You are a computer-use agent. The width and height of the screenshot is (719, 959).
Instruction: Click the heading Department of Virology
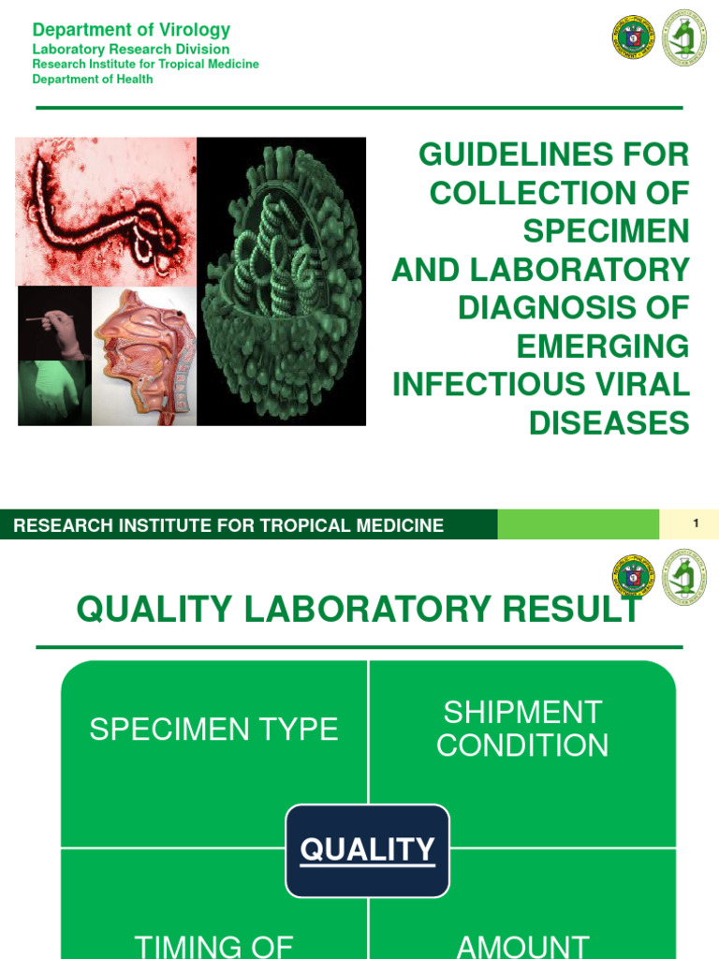[131, 30]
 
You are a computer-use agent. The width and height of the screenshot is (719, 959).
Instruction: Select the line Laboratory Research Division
[131, 49]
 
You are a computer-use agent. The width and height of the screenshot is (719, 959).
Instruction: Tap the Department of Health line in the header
[93, 80]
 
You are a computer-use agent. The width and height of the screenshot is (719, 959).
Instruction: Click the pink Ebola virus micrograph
[106, 211]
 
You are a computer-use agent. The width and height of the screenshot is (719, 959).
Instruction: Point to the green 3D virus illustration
[281, 281]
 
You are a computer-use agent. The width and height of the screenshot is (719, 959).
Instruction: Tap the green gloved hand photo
[54, 392]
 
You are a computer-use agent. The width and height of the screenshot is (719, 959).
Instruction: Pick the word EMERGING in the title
[603, 347]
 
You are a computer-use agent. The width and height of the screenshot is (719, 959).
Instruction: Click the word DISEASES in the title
[609, 423]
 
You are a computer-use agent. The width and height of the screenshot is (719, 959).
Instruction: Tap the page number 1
[696, 524]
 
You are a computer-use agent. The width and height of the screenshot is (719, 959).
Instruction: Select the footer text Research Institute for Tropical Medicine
[228, 525]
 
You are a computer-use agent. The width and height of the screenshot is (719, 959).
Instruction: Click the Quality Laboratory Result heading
[359, 610]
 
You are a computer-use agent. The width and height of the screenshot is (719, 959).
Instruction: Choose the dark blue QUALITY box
[367, 850]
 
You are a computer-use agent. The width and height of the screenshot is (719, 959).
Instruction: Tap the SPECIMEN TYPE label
[213, 730]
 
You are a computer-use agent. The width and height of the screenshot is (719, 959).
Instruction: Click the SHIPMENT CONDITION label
[522, 729]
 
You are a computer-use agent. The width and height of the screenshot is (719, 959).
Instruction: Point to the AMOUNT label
[522, 946]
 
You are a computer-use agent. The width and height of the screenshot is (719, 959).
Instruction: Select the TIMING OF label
[214, 946]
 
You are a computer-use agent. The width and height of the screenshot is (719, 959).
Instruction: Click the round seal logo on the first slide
[632, 37]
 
